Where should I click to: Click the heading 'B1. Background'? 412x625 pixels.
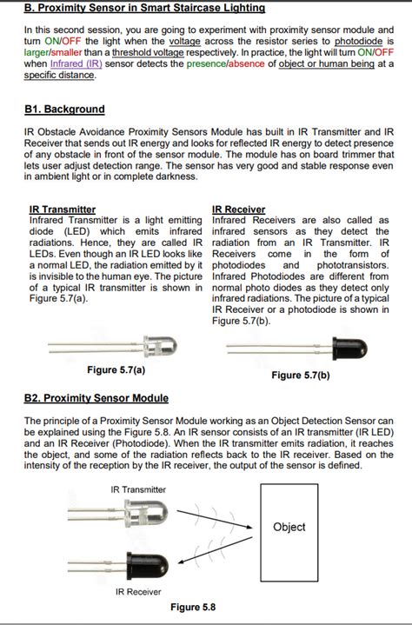coord(64,110)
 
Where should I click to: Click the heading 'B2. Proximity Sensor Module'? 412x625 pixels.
coord(96,398)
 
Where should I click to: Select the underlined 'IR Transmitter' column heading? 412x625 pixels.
coord(63,209)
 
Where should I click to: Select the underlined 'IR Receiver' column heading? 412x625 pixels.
coord(239,209)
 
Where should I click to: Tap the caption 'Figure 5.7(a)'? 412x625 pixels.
coord(116,369)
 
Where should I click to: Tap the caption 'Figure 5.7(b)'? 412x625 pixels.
coord(301,376)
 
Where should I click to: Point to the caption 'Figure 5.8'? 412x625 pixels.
coord(193,608)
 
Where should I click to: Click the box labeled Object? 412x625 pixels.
coord(289,527)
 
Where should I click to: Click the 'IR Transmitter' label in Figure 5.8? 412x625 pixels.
coord(138,489)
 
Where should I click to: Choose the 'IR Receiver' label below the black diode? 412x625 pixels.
coord(138,591)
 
